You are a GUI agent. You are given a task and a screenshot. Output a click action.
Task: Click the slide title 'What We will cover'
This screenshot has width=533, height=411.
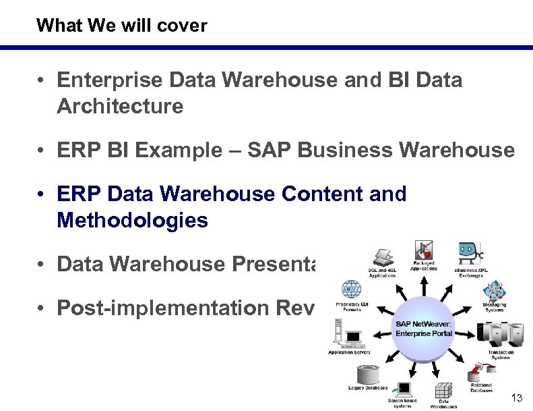coord(122,26)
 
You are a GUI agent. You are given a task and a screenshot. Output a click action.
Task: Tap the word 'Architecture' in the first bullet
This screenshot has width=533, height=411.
coord(120,107)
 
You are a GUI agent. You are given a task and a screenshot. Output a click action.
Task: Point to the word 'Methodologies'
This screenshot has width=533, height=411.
coord(133,220)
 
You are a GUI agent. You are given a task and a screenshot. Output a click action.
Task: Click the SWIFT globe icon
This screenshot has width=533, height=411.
coord(351,291)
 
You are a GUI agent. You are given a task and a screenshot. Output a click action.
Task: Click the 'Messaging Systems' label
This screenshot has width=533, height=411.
coord(494,308)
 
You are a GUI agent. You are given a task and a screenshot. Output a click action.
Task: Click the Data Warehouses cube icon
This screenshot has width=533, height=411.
coord(443,392)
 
